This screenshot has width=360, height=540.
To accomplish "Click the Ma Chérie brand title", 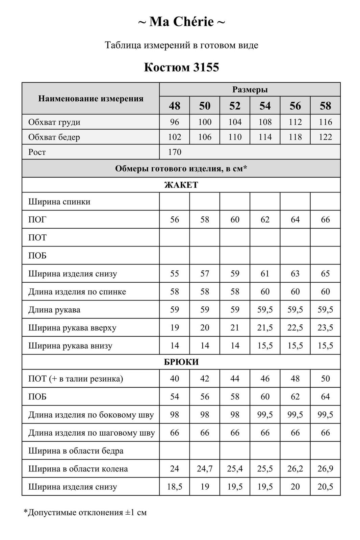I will tap(181, 22).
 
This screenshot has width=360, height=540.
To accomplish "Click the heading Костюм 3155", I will tap(181, 67).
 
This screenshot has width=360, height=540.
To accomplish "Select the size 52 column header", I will tap(235, 106).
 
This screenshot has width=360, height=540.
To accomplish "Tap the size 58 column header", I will tap(325, 106).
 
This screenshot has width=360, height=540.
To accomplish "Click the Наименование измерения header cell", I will tap(91, 99).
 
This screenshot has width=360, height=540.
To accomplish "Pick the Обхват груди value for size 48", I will tap(174, 122).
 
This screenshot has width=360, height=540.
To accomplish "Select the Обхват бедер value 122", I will tap(325, 137).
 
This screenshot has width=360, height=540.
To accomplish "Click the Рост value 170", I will tap(175, 152).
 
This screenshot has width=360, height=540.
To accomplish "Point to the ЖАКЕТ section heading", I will tap(181, 185).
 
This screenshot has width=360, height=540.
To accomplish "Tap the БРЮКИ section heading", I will tap(181, 362).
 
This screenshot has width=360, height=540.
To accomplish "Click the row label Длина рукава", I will tap(54, 310).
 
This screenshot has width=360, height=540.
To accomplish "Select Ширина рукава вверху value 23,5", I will tap(325, 328).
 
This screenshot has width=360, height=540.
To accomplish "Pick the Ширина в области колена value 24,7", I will tap(205, 469).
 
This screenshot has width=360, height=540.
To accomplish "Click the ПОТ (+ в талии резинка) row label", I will tap(76, 379).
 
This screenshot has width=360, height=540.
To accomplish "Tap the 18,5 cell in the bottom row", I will tap(174, 487).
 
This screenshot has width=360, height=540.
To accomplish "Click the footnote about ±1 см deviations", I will tap(85, 513).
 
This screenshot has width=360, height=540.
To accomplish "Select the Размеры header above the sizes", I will tap(250, 89).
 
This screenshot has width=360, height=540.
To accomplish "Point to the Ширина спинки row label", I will tap(59, 202).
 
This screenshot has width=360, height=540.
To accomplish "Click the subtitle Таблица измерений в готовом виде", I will tap(181, 45).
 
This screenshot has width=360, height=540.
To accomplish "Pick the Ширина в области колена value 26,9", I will tap(325, 469).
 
